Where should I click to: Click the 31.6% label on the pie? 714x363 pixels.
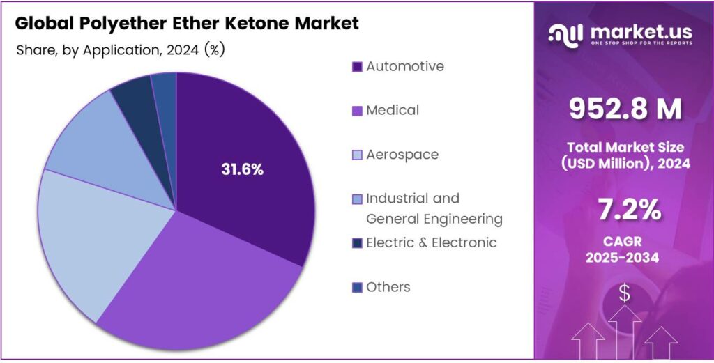[x=242, y=169]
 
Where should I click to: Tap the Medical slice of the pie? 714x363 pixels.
[x=202, y=286]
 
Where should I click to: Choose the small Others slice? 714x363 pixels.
[x=165, y=87]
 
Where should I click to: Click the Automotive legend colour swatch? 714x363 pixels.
[x=357, y=67]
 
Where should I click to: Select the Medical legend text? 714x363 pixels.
[x=393, y=110]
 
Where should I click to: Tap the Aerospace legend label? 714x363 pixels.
[x=402, y=155]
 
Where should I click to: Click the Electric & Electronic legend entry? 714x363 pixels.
[x=431, y=242]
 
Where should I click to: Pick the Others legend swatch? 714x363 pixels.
[x=357, y=287]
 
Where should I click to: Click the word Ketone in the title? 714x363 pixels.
[x=259, y=23]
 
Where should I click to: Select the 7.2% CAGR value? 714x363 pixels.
[x=625, y=209]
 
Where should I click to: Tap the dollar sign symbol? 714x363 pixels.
[x=624, y=294]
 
